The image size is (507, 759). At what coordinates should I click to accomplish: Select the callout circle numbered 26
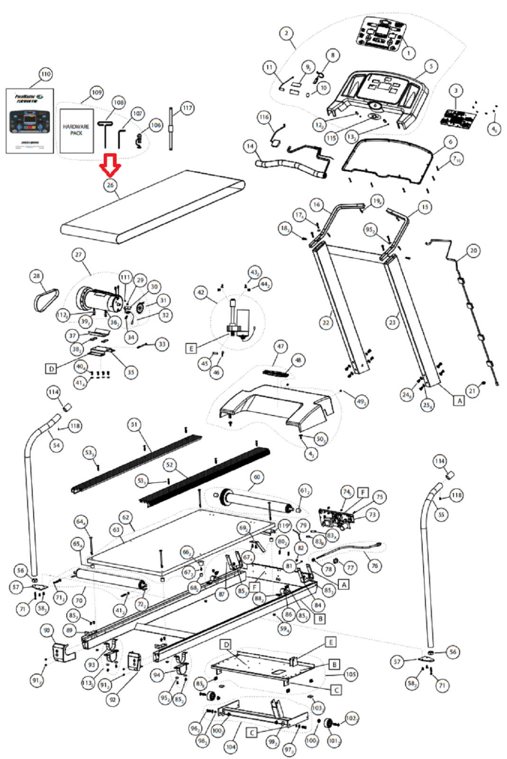coord(110,185)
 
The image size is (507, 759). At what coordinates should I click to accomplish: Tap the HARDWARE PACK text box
coord(76,130)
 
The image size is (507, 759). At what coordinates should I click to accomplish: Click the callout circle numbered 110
coord(45,74)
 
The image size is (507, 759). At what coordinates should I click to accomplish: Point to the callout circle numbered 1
coord(408,53)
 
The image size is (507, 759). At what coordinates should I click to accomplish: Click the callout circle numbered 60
coord(257,477)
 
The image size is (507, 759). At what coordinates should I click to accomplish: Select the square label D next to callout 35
coord(51,368)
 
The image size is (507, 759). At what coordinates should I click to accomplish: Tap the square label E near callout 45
coord(191,349)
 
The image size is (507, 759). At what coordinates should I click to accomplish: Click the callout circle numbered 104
coord(231,747)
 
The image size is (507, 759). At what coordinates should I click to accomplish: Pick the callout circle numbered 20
coord(473,250)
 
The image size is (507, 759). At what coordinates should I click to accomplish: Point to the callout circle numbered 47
coord(281,346)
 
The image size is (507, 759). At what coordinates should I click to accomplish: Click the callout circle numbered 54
coord(56,445)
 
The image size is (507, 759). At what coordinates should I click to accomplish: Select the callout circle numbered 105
coord(351,674)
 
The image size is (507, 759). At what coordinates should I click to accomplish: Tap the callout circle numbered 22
coord(326,323)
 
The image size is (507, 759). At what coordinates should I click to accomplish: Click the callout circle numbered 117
coord(188,108)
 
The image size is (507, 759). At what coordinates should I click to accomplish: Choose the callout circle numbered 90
coord(46,630)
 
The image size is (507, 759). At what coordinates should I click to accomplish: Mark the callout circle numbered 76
coord(375,565)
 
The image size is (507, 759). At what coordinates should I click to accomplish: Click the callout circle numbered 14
coord(250,146)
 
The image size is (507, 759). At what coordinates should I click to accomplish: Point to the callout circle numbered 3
coord(456,90)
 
